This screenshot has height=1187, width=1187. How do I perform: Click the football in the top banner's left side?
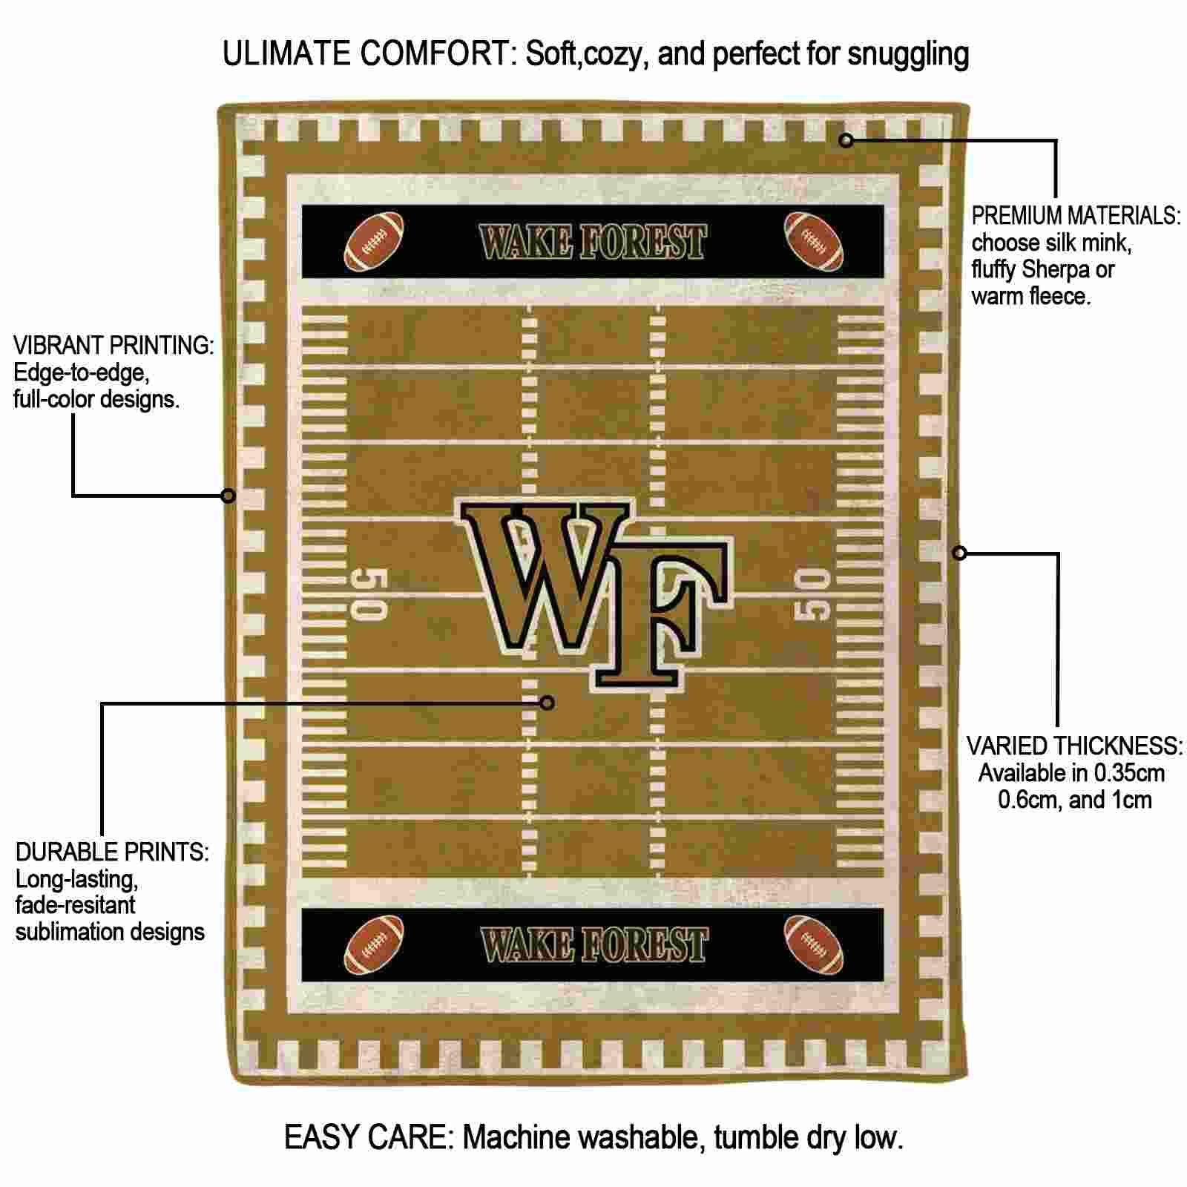pos(374,242)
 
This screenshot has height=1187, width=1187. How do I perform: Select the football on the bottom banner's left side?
pos(374,944)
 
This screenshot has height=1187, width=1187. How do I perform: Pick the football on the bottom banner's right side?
pos(813,944)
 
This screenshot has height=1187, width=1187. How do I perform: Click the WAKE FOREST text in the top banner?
pos(593,242)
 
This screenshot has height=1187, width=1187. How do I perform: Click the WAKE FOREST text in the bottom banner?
pos(593,944)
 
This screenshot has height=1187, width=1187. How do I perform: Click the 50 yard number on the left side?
pos(369,594)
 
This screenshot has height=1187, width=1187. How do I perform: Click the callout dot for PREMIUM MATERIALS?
pos(846,139)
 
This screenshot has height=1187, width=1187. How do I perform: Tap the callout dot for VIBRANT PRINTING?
pos(228,495)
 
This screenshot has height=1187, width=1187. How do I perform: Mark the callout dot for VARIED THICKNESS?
pos(959,553)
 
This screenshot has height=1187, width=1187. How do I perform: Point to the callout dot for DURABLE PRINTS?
pos(547,703)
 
